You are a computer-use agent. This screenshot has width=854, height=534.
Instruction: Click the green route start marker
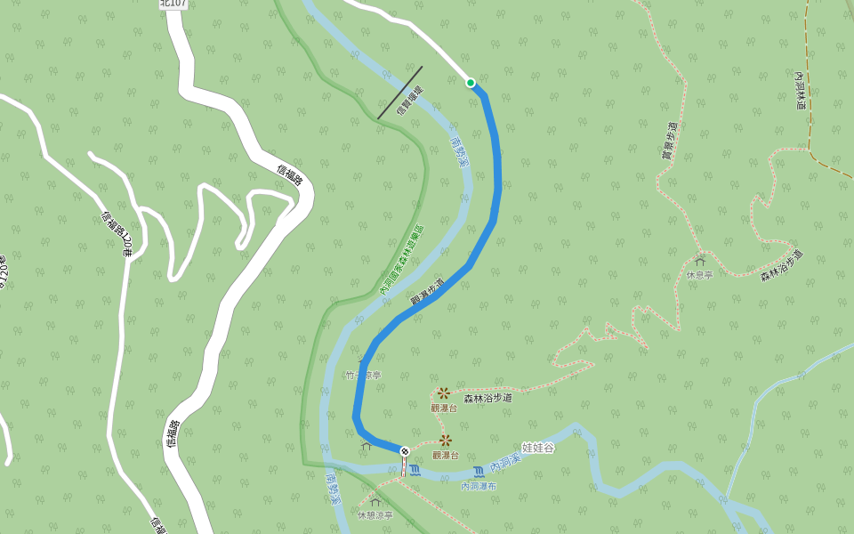pos(471,83)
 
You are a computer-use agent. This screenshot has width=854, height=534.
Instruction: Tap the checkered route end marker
pos(405,451)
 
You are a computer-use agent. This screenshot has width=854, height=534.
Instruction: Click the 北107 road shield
pos(173,4)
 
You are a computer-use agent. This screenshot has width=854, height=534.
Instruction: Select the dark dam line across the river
pos(399,93)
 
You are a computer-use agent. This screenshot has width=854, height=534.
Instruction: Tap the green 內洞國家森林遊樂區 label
pos(402,259)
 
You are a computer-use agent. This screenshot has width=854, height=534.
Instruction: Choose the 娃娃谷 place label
pos(537,448)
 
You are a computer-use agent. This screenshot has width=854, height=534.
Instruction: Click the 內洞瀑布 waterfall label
pos(479,486)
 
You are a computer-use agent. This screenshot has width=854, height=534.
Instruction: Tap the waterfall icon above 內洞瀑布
pos(479,471)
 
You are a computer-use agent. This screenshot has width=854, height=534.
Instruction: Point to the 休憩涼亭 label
pos(375,515)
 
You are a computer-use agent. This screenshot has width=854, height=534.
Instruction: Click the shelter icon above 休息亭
pos(699,262)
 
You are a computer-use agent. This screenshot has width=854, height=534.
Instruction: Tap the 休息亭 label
pos(699,275)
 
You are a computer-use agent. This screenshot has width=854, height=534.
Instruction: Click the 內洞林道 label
pos(800,92)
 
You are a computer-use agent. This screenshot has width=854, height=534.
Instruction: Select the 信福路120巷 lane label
pos(116,234)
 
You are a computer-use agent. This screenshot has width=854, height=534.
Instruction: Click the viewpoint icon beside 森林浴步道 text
pos(443,392)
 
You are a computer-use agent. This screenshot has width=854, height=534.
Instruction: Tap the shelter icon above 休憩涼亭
pos(375,502)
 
